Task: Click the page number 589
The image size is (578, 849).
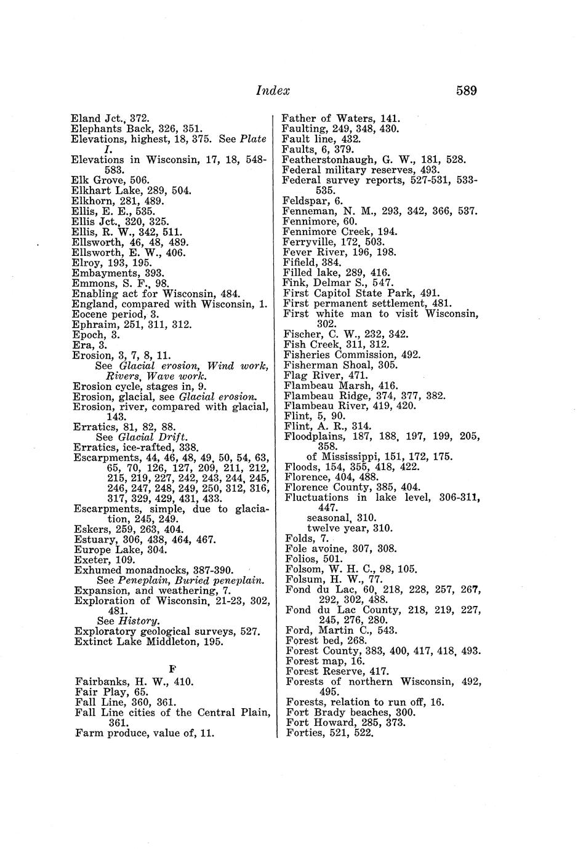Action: coord(466,91)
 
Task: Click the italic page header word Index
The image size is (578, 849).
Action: coord(273,91)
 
